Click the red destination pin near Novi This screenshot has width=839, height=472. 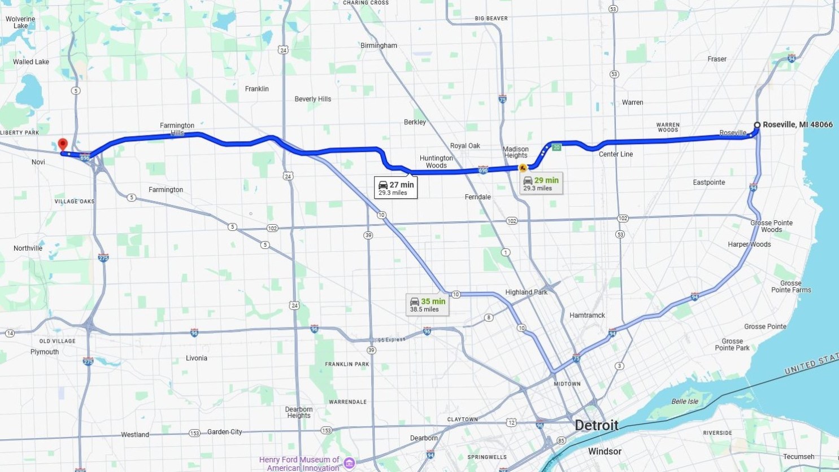pos(63,145)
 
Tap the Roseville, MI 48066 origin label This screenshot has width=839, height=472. pos(797,125)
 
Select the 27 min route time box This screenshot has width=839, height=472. pos(396,188)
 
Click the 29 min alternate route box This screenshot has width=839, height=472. pos(541,183)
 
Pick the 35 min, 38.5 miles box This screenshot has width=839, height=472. pos(427,305)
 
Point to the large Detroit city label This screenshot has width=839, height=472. pos(596,425)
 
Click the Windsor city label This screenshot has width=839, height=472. pos(605,451)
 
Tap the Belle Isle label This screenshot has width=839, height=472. pos(685,401)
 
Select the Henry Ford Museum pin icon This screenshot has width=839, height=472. pos(349,464)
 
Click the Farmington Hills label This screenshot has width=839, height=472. pos(177,129)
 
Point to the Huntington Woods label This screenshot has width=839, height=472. pos(436,161)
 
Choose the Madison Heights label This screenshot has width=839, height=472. pos(515,152)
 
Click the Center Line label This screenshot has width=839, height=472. pos(616,154)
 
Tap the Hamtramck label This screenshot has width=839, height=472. pos(587,315)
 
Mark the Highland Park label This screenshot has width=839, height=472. pos(526,292)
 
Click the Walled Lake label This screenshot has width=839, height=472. pos(31,62)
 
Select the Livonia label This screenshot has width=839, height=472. pos(196,358)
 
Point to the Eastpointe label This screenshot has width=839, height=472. pos(708,182)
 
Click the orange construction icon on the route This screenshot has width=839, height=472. pos(523,168)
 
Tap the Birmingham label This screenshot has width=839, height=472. pos(379,46)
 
